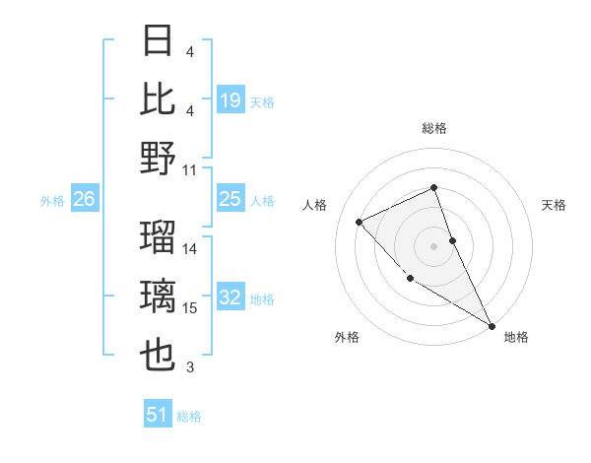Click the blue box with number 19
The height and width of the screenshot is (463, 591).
(x=230, y=99)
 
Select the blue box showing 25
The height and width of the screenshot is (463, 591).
(x=230, y=199)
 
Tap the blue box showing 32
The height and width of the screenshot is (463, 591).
(x=230, y=298)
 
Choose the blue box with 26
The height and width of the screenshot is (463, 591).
(x=84, y=199)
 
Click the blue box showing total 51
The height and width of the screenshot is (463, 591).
(x=158, y=415)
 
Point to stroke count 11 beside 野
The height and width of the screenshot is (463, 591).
(x=191, y=169)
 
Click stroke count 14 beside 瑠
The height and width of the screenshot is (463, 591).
(x=191, y=249)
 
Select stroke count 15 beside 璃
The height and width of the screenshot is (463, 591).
(x=191, y=308)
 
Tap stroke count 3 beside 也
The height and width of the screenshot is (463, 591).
(x=190, y=367)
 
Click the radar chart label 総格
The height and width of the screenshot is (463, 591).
(x=434, y=128)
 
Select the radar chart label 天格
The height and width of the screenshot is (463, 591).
(x=554, y=205)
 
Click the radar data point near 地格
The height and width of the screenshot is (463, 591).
(x=492, y=325)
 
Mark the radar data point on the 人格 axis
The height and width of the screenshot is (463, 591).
(x=360, y=222)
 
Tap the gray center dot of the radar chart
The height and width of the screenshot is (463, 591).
(x=434, y=246)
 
